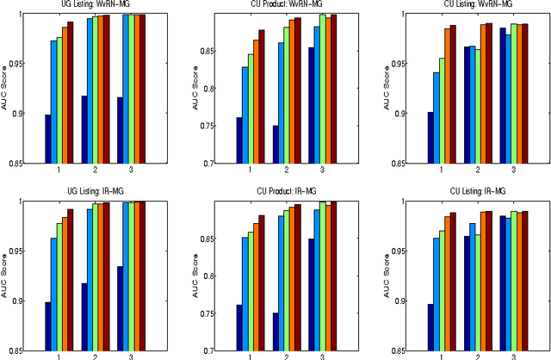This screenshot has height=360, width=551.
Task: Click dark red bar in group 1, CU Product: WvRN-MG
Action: pos(262,96)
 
